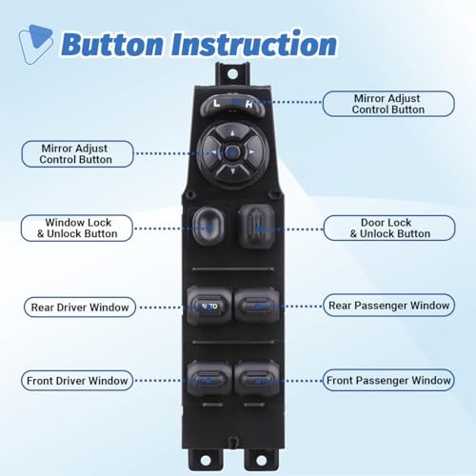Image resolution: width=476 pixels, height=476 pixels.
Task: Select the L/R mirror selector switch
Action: pos(234,101)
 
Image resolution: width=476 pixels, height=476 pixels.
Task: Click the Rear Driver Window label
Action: pos(80,307)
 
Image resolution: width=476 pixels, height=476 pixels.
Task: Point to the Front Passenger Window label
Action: pos(388,380)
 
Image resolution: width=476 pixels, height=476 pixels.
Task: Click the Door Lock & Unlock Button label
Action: pos(388,228)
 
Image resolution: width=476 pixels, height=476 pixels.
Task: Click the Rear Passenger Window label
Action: pos(388,305)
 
